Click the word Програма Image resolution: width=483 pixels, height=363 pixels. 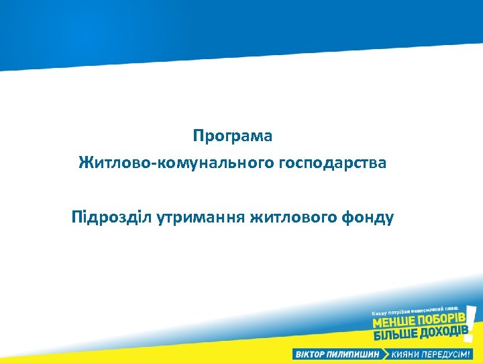pyautogui.click(x=232, y=136)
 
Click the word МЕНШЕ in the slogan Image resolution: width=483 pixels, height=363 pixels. pyautogui.click(x=395, y=323)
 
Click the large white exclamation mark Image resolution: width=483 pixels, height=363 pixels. pyautogui.click(x=472, y=322)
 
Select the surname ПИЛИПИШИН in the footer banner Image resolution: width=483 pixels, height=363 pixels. pyautogui.click(x=356, y=354)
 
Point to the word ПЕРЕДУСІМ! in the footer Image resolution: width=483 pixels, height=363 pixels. pyautogui.click(x=450, y=354)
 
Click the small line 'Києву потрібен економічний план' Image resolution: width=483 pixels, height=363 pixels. pyautogui.click(x=415, y=310)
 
